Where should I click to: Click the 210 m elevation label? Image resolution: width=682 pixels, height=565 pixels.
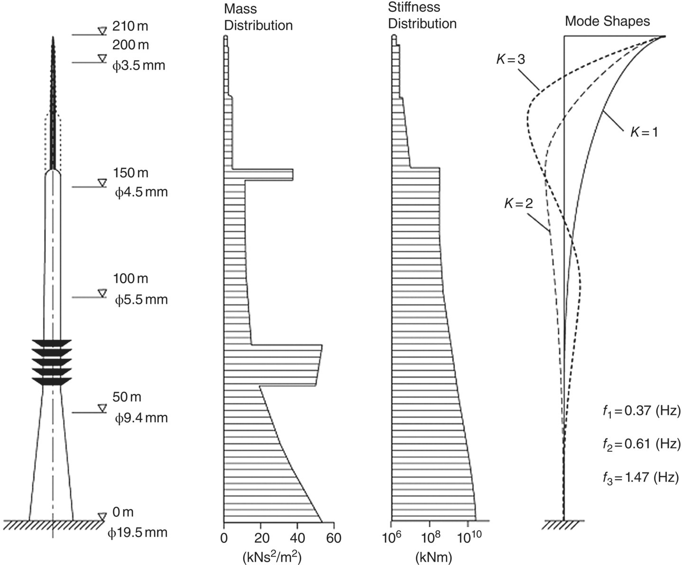point(130,26)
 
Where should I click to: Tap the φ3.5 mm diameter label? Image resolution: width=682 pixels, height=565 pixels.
point(139,65)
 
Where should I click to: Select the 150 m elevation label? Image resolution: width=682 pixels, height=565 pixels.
point(130,173)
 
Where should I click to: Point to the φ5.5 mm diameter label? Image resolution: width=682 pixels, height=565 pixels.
point(141,300)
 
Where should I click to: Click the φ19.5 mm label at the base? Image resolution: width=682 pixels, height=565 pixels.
point(138,533)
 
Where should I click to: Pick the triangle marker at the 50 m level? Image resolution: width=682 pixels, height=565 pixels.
point(102,408)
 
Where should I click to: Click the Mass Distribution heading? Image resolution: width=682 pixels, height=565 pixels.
point(258,18)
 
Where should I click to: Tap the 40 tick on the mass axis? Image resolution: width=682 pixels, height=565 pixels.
point(297,539)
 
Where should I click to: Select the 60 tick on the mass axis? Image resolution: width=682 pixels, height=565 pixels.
point(333,539)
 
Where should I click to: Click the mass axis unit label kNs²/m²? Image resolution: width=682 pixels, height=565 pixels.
point(272,556)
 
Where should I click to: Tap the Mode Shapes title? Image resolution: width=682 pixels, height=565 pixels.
point(608,21)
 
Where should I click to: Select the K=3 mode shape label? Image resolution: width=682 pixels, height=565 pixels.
point(510,59)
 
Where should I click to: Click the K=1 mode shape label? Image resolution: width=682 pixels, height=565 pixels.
point(644,132)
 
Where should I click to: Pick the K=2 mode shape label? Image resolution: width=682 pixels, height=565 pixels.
point(518,203)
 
